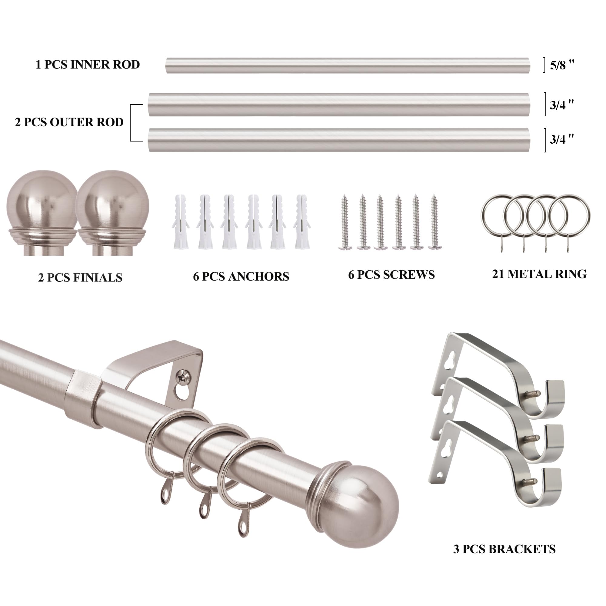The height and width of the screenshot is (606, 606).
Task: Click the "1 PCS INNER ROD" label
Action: (x=88, y=65)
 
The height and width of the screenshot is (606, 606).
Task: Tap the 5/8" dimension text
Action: (x=562, y=65)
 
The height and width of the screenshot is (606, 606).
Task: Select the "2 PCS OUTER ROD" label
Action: (x=69, y=122)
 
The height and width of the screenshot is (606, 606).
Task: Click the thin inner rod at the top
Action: (x=348, y=65)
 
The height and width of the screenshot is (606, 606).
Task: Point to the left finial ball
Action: (x=42, y=213)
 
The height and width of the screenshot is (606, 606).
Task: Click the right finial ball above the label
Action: (x=112, y=213)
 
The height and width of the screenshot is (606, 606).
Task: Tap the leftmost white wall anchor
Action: (x=180, y=222)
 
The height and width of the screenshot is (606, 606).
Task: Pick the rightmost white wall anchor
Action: (x=302, y=222)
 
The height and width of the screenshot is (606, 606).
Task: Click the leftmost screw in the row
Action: (x=345, y=222)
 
